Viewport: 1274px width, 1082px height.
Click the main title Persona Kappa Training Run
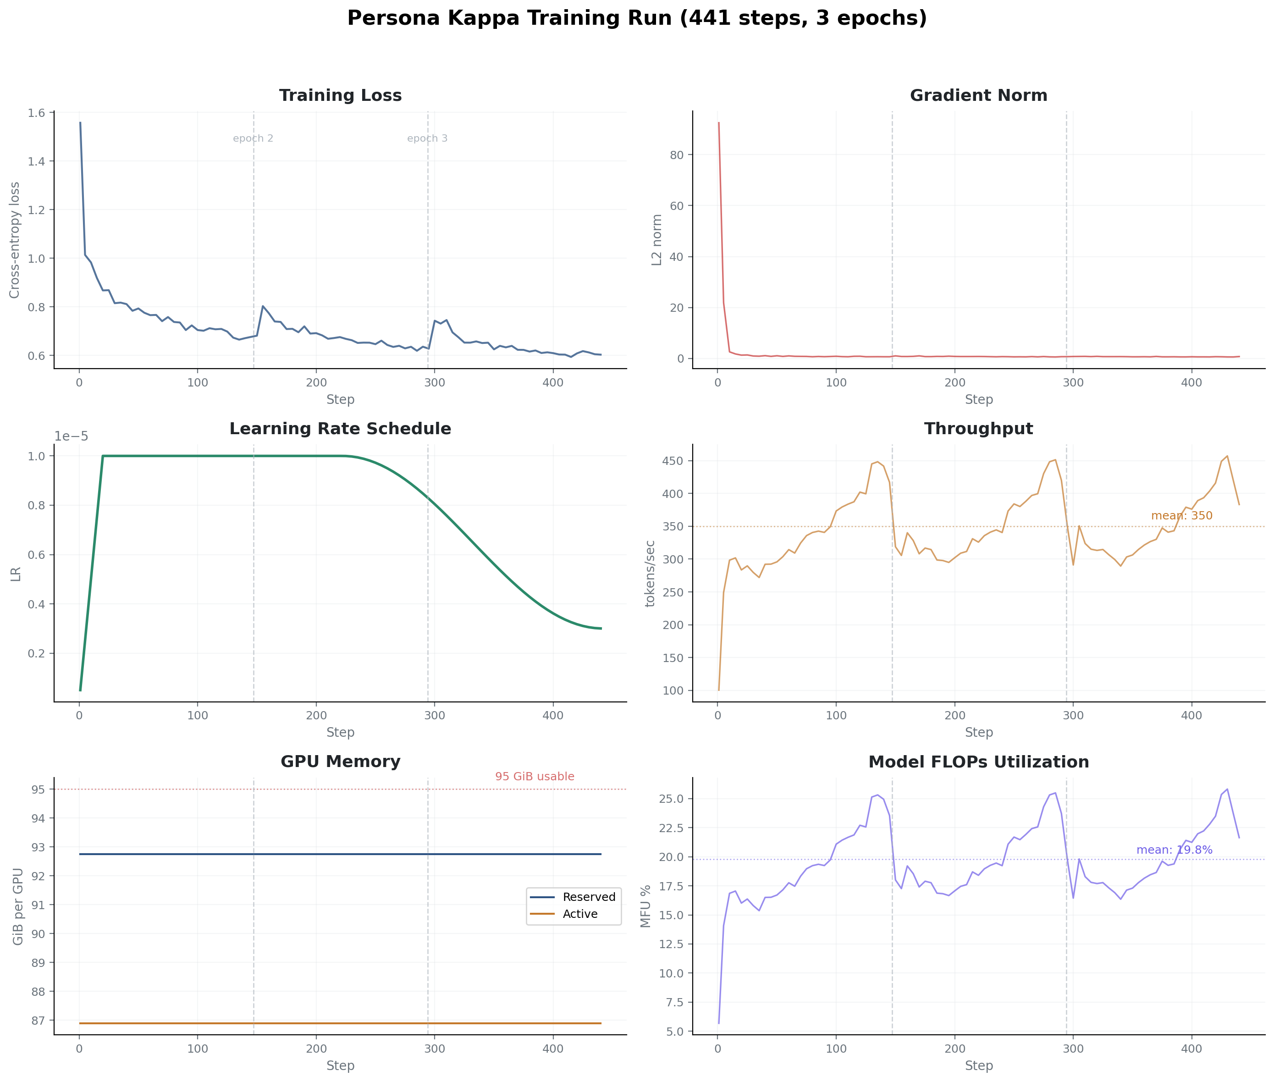(x=637, y=18)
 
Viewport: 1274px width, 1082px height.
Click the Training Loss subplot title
(x=341, y=96)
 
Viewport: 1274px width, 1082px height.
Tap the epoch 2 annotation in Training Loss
(x=253, y=138)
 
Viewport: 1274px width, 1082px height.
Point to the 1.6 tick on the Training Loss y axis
(x=36, y=113)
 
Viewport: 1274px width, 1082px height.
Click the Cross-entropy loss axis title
(x=15, y=240)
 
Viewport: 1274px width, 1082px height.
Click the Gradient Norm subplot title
(x=978, y=96)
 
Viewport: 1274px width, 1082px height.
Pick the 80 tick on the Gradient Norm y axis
(x=677, y=155)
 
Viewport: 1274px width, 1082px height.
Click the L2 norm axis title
(x=657, y=240)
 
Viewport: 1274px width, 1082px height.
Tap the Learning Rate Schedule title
(x=341, y=429)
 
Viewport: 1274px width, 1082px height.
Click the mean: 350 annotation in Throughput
(x=1181, y=516)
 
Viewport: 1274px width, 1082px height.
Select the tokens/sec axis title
(x=650, y=574)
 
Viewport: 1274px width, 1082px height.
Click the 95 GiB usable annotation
(x=534, y=777)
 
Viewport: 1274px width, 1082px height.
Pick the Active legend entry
(x=579, y=914)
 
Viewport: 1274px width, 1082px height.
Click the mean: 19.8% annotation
(x=1174, y=850)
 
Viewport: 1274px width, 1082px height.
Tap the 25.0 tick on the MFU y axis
(x=670, y=799)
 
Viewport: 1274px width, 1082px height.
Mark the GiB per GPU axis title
(x=18, y=906)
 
